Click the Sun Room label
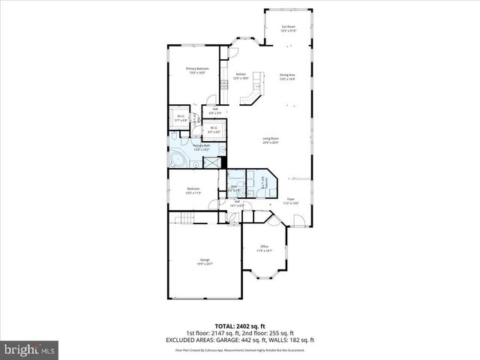(x=288, y=29)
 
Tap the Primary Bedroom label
(x=197, y=70)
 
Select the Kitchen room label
(x=241, y=76)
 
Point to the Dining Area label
(x=287, y=76)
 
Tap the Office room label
(x=264, y=248)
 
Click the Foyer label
(x=289, y=180)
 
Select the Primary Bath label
(x=201, y=146)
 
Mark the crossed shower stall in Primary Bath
(x=211, y=161)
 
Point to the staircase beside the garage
(x=185, y=218)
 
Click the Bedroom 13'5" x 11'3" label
(x=193, y=190)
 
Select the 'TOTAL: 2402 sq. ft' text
(x=240, y=327)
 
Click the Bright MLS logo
(x=30, y=349)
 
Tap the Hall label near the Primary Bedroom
(x=215, y=111)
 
